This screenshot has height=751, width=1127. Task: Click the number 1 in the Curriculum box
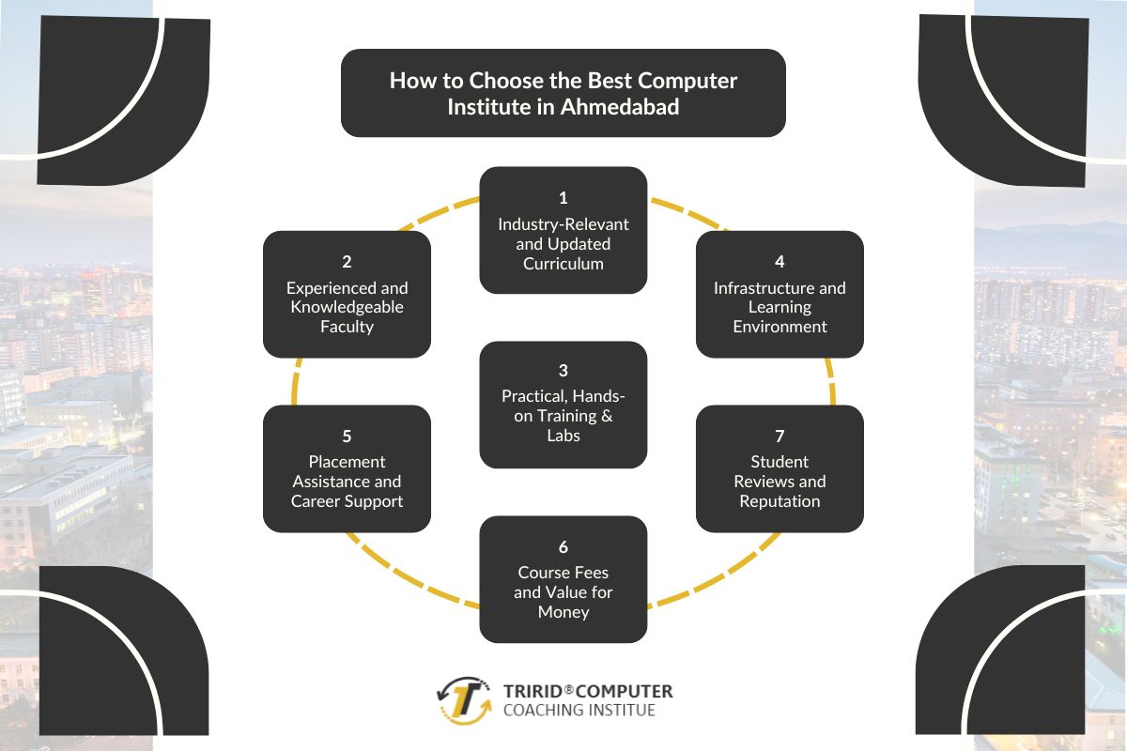[563, 198]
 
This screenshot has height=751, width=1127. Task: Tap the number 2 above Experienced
[347, 262]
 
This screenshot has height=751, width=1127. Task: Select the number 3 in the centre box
[563, 371]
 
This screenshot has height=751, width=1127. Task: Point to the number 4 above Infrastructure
[780, 262]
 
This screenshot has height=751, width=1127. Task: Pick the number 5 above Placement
[347, 437]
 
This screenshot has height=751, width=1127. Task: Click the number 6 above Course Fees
[563, 546]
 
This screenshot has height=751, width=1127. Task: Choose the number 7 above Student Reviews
[780, 437]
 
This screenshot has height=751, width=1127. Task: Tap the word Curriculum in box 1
[563, 264]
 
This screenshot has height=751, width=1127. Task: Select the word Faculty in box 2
[347, 327]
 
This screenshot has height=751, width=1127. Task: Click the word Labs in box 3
[563, 436]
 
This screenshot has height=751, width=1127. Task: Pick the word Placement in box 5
[347, 462]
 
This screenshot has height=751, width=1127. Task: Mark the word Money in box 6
[563, 612]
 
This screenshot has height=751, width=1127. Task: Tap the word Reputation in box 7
[780, 501]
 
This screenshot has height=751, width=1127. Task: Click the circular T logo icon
[464, 700]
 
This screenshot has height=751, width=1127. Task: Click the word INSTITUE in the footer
[623, 711]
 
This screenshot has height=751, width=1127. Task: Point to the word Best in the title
[579, 81]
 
